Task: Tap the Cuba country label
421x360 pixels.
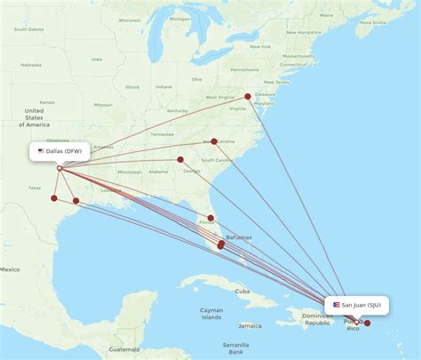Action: click(x=242, y=292)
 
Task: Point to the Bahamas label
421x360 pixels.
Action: click(x=238, y=237)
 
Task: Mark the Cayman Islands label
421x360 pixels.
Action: click(x=210, y=314)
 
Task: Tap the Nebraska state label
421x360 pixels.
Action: click(x=31, y=65)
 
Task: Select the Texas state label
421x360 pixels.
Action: click(x=35, y=188)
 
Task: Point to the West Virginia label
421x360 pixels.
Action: click(x=219, y=97)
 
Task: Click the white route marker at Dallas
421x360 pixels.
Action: click(x=60, y=168)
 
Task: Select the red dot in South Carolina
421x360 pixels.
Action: click(x=214, y=141)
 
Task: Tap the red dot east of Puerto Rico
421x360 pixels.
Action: click(x=368, y=324)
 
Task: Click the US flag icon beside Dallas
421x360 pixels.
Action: click(x=41, y=151)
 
